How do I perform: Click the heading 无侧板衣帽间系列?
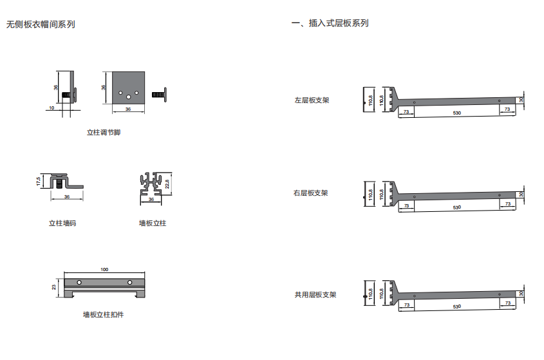(41, 24)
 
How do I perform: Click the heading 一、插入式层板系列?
(330, 23)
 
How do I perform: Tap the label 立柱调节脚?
(104, 133)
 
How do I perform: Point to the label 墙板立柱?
(153, 223)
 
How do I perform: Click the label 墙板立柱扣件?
(104, 315)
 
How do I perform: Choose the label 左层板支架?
(312, 100)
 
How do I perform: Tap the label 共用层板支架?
(315, 295)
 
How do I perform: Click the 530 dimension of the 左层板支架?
(457, 113)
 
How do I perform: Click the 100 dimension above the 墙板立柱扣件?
(105, 269)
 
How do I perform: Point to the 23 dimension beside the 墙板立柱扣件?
(54, 287)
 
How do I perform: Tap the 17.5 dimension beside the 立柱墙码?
(39, 182)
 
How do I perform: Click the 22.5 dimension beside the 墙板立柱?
(168, 183)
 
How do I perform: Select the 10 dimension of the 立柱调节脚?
(52, 109)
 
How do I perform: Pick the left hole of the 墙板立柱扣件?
(79, 283)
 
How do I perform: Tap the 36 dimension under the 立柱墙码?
(67, 197)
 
